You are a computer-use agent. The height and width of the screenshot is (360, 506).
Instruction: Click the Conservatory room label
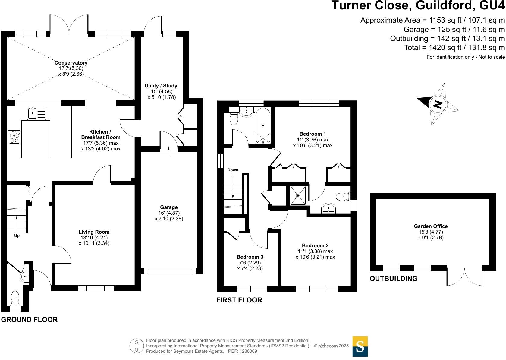(x=71, y=63)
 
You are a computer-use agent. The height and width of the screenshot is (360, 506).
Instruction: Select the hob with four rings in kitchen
(x=14, y=137)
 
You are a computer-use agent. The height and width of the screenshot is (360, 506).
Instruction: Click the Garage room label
(x=169, y=207)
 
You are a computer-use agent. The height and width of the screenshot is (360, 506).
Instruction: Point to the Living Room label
(x=94, y=232)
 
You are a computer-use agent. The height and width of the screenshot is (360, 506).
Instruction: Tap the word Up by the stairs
(x=17, y=236)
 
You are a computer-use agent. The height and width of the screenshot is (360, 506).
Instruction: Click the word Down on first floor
(x=233, y=170)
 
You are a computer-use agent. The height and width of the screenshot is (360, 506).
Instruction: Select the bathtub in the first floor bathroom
(x=263, y=125)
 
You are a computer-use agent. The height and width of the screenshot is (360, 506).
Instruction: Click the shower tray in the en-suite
(x=298, y=196)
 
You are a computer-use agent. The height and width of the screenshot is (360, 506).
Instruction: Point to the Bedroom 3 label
(x=250, y=257)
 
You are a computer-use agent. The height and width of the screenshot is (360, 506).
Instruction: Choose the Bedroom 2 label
(x=315, y=245)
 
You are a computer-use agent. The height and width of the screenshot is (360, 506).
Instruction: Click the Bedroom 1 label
(x=313, y=134)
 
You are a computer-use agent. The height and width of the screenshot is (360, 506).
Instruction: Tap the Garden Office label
(x=430, y=226)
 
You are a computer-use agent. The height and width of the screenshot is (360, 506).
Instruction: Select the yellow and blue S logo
(x=360, y=346)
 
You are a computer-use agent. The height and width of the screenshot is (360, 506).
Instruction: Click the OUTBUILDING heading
(x=393, y=279)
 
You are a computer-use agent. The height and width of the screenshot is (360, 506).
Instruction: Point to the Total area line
(x=454, y=47)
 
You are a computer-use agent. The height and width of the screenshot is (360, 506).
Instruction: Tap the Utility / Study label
(x=161, y=86)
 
